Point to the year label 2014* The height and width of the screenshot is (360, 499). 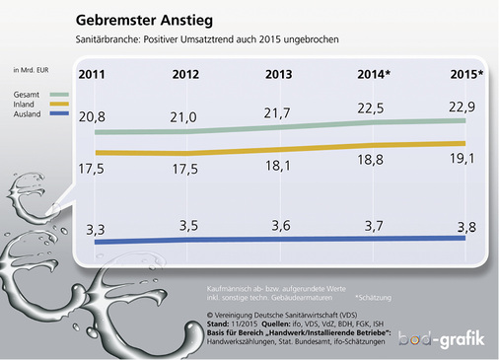pos(376,75)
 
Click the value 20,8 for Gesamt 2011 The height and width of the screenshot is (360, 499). pos(92,116)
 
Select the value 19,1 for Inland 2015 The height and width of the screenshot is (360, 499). pos(462,158)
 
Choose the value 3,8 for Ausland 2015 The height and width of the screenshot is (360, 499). pos(462,225)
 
